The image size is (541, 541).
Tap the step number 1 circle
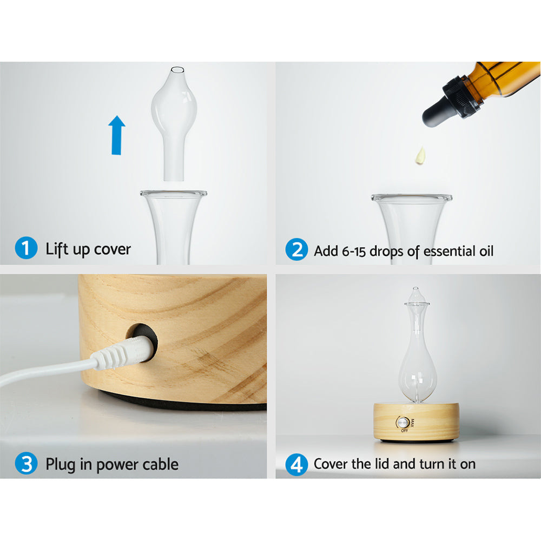click(25, 249)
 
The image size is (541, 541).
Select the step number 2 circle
click(296, 250)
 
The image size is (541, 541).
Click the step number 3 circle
click(25, 464)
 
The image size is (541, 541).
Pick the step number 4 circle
click(296, 464)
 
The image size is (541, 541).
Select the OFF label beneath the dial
click(403, 431)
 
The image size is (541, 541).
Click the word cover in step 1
click(112, 249)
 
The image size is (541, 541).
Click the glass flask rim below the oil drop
click(411, 199)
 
